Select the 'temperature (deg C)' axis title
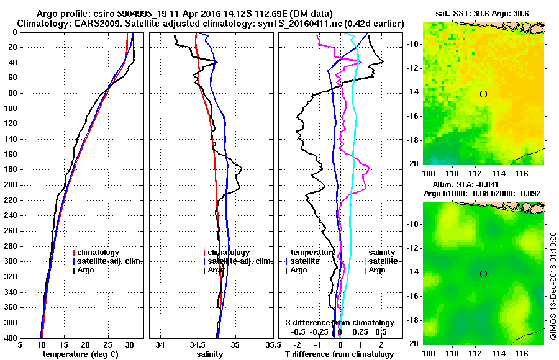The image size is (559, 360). click(x=80, y=354)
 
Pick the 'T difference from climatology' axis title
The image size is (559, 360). click(x=339, y=354)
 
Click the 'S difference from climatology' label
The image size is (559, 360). click(x=340, y=323)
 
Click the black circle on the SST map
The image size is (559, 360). click(x=483, y=94)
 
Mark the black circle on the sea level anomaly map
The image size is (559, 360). click(x=483, y=274)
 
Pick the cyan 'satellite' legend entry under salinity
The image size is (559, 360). click(x=378, y=261)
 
